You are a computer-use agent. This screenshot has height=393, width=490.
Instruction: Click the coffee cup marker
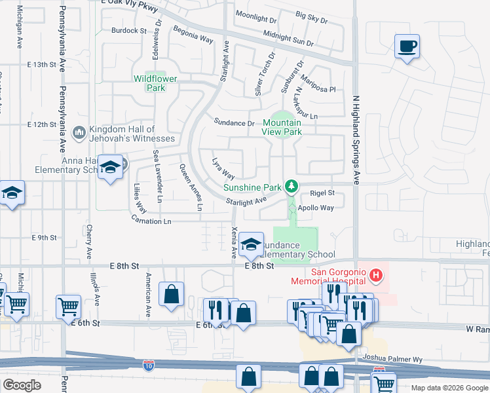407,47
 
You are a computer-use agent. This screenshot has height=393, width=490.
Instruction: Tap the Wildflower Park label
149,83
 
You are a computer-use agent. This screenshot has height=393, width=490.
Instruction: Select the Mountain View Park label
282,127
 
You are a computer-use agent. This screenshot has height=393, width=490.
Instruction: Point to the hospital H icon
375,275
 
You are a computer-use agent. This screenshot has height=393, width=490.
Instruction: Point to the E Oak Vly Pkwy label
130,3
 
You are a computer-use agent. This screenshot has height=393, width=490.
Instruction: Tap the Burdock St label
129,31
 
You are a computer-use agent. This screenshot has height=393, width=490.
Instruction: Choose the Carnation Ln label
149,221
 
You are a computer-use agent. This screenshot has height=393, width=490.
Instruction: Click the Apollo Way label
316,208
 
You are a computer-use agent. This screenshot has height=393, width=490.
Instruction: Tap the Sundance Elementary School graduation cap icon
250,244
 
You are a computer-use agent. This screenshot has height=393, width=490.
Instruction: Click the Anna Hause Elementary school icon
111,167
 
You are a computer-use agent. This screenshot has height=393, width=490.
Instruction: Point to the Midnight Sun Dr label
288,37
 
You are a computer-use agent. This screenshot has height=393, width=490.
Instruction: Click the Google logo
22,385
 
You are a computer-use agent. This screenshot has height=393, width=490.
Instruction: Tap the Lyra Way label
223,168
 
